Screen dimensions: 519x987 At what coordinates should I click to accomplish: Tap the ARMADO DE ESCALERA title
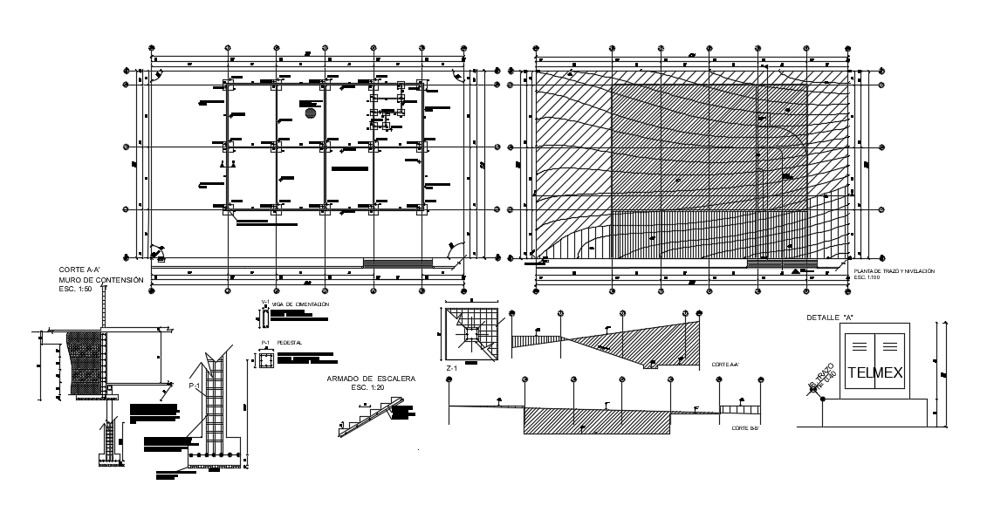click(371, 379)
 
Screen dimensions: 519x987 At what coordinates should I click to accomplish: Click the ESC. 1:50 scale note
click(76, 288)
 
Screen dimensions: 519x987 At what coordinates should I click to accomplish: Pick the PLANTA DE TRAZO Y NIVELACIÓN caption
click(894, 272)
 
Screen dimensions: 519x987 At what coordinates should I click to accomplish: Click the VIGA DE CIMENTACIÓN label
click(300, 304)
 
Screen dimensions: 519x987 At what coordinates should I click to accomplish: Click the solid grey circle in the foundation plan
click(310, 113)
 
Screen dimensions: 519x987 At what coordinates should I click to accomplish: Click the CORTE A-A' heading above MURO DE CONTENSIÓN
click(78, 270)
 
